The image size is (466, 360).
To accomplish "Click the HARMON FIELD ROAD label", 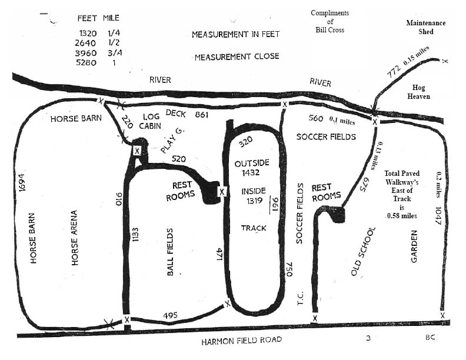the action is point(241,341).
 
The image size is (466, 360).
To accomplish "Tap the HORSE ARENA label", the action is point(74,238).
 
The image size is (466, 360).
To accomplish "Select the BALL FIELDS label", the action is point(170,252).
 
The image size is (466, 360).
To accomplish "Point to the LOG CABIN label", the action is point(151,121).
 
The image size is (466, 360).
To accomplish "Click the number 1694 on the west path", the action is point(22,182).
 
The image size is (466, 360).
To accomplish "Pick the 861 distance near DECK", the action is point(201,114).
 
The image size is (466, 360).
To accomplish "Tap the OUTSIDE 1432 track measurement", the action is point(252,168).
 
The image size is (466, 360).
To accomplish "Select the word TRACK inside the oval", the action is point(254,228).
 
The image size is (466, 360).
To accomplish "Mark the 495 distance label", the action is point(170,315).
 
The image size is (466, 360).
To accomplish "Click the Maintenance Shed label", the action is point(426,27).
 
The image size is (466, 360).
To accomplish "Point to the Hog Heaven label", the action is point(418,92).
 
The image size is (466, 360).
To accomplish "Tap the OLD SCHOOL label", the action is point(363,252).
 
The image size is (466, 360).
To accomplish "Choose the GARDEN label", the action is point(414,246).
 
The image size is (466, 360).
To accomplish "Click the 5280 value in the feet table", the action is point(86,63).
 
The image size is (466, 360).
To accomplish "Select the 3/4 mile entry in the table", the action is point(115,52).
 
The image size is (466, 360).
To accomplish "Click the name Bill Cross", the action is point(330,30).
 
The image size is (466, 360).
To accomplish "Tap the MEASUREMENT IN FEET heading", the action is point(236,35).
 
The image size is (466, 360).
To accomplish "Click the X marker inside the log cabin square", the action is point(137,151).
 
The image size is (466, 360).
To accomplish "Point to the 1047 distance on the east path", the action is point(438,216).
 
